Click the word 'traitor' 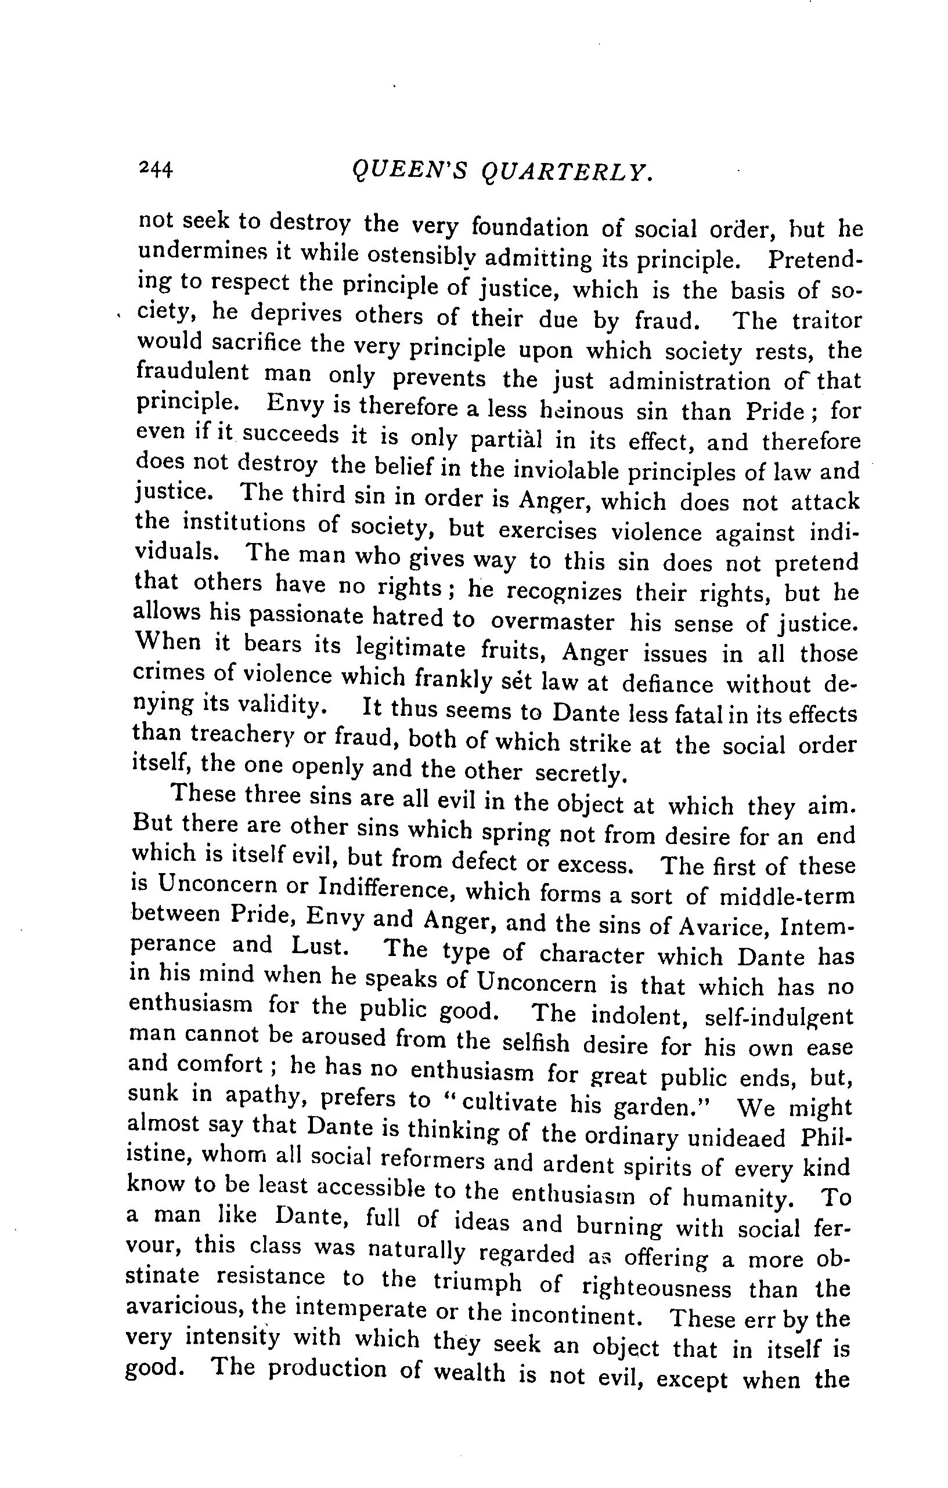click(826, 321)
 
